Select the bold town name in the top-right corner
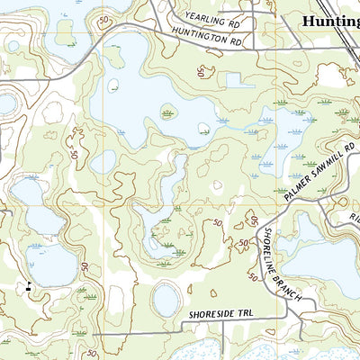[330, 21]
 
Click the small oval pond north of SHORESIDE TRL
[167, 299]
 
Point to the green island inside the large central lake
[169, 112]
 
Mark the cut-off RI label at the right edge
[354, 218]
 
